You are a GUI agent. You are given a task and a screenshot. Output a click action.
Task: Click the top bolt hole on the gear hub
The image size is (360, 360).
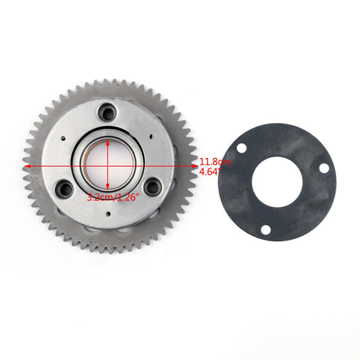coord(109,111)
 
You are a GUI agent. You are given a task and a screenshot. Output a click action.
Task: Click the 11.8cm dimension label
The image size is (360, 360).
coord(215,162)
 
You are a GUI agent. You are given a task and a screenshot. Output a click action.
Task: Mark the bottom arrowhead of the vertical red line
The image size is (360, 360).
coord(109,190)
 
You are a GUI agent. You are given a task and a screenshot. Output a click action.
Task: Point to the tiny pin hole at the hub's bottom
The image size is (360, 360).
coord(109,213)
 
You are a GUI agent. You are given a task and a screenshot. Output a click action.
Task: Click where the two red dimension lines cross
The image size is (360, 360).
coord(109,163)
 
